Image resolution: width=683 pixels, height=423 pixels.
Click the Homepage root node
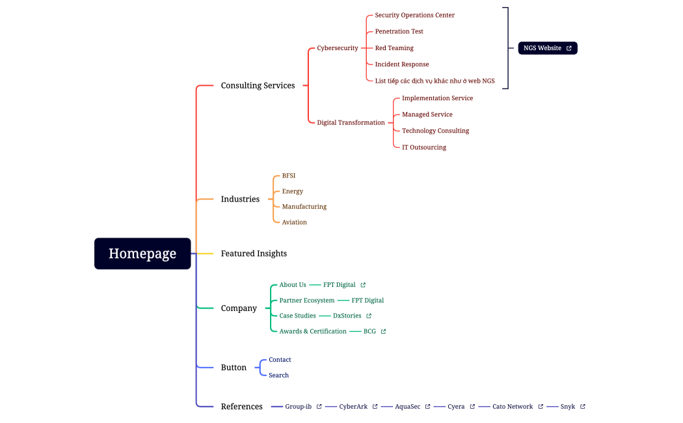coord(142,253)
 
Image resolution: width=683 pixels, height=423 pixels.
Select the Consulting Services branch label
coord(258,85)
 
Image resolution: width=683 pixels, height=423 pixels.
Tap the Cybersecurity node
coord(337,48)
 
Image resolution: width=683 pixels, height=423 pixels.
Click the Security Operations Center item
coord(414,15)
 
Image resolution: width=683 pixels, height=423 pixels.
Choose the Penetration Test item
coord(399,31)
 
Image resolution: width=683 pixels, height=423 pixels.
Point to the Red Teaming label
coord(394,48)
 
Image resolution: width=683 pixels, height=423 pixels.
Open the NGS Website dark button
coord(547,48)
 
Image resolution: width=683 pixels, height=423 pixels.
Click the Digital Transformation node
coord(351,122)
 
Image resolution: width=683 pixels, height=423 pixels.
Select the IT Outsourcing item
coord(424,147)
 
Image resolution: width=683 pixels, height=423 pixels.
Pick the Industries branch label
coord(240,199)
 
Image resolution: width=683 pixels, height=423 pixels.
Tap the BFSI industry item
coord(289,176)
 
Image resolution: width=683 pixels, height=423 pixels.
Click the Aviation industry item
coord(294,223)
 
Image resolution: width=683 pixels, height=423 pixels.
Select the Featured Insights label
coord(254,253)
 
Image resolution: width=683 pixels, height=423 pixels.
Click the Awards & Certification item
coord(313,331)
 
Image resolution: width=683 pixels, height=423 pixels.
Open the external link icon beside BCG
coord(383,331)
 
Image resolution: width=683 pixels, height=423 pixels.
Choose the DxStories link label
coord(347,316)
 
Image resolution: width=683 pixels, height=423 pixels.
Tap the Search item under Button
coord(278,375)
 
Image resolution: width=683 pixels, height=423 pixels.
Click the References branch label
coord(241,407)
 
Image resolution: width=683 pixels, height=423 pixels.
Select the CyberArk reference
coord(353,407)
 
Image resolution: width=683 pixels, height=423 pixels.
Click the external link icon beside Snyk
coord(582,407)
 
